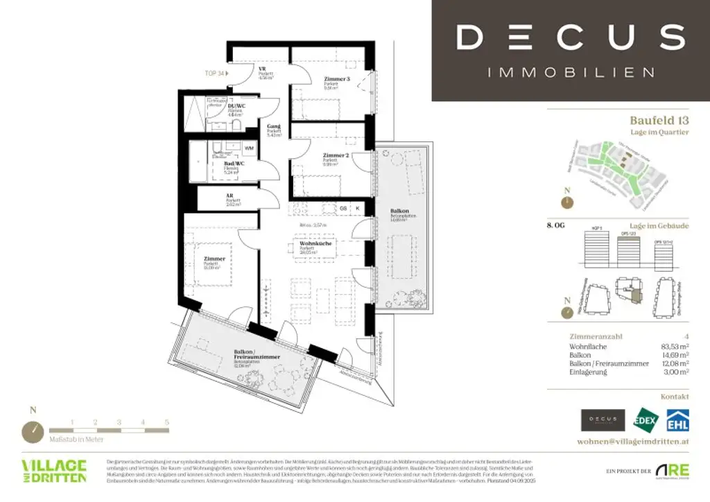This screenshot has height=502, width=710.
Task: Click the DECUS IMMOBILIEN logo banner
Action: click(570, 50)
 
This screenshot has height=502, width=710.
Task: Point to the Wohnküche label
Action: click(315, 245)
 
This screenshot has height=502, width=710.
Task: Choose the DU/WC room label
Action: click(236, 105)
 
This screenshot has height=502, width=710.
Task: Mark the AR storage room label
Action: click(229, 196)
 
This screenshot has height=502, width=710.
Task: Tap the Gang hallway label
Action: click(274, 127)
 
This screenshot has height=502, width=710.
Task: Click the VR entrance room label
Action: click(263, 69)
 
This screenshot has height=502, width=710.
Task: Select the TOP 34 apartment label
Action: click(214, 73)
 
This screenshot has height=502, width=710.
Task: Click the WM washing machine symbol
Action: click(248, 148)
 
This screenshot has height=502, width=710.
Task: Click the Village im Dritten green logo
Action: click(54, 471)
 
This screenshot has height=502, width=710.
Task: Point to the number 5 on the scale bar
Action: click(166, 422)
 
